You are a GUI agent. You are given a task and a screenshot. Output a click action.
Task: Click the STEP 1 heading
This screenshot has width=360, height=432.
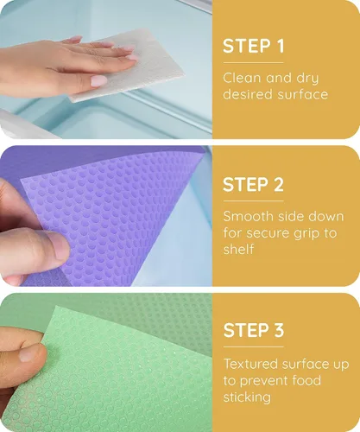(254, 46)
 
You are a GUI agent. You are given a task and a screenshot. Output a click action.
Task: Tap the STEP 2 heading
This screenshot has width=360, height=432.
(254, 184)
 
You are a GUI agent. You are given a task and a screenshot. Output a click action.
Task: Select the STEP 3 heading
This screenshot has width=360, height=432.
(254, 330)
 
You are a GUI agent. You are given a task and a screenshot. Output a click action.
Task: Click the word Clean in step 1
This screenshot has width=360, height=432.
(242, 78)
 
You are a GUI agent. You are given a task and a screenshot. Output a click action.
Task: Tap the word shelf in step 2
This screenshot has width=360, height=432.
(238, 249)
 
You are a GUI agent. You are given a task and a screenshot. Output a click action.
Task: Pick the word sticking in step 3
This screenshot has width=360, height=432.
(247, 397)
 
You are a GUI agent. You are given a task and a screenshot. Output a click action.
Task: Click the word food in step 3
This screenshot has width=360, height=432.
(306, 380)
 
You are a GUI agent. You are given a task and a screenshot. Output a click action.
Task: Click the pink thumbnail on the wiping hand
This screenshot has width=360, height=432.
(98, 80)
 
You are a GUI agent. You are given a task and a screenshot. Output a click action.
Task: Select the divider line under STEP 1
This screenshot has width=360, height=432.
(254, 62)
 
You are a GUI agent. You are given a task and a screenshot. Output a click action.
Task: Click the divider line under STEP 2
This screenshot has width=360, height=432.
(254, 200)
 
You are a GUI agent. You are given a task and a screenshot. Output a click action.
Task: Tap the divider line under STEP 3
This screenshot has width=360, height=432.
(254, 346)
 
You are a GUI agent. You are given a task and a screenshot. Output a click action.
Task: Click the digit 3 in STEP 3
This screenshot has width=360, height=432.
(279, 330)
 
